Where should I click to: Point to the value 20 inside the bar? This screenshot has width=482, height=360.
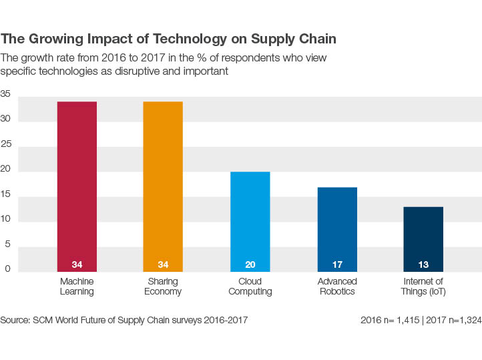(x=250, y=264)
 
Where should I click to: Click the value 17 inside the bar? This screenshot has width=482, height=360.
(x=337, y=264)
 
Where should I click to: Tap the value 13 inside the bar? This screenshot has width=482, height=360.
(x=423, y=264)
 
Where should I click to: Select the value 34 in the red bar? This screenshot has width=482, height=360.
(x=77, y=264)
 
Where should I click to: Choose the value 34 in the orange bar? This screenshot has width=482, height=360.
(x=163, y=264)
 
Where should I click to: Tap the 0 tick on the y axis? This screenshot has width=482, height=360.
(x=7, y=268)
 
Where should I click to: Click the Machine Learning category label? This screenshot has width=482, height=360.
(x=77, y=287)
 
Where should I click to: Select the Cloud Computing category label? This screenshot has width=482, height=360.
(x=250, y=287)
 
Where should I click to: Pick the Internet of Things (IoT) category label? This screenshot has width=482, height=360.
(x=423, y=287)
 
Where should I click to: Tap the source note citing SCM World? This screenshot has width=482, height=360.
(x=124, y=320)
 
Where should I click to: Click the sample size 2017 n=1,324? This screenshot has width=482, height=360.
(x=451, y=320)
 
